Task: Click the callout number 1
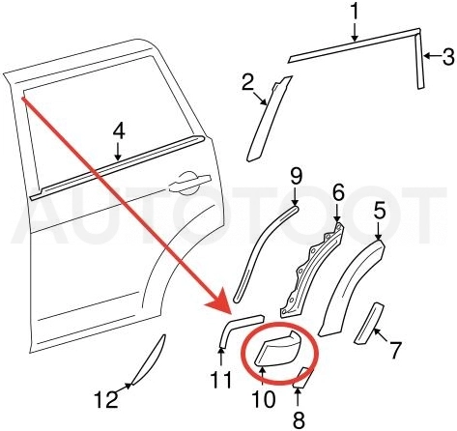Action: (x=354, y=12)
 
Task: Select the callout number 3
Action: (x=447, y=56)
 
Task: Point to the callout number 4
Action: (x=119, y=131)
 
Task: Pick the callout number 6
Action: (x=338, y=192)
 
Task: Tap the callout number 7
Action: (x=395, y=350)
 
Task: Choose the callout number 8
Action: (x=299, y=419)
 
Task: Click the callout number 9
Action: (x=296, y=176)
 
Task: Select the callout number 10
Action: (x=263, y=399)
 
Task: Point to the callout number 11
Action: (x=221, y=380)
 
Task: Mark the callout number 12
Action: (x=106, y=399)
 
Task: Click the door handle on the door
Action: (x=189, y=183)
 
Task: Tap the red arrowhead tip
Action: (x=231, y=313)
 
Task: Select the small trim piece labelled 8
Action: (x=302, y=377)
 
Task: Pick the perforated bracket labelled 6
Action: (x=312, y=270)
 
